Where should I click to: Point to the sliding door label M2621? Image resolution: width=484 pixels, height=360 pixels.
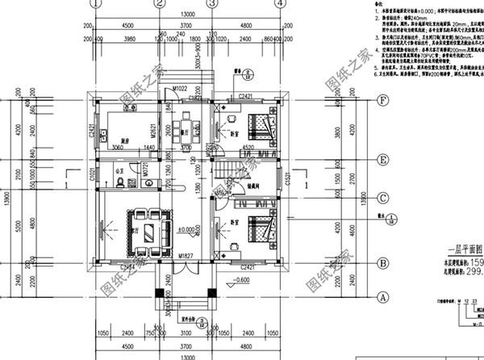pyautogui.click(x=161, y=126)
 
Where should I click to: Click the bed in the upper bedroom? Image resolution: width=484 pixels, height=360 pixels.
pyautogui.click(x=260, y=127)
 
